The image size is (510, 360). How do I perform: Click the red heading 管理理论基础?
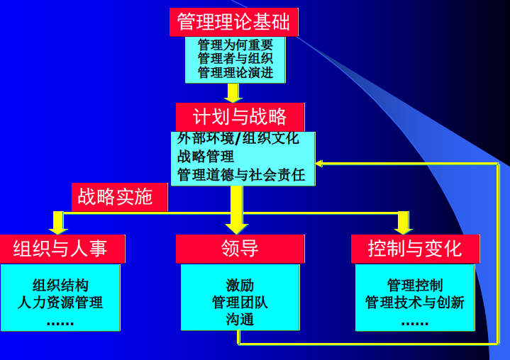click(x=233, y=22)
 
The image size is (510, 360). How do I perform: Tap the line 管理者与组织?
click(x=235, y=58)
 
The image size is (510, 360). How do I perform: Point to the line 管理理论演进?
click(x=235, y=72)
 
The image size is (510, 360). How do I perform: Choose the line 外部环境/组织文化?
click(x=238, y=139)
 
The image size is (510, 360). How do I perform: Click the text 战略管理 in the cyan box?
click(x=206, y=157)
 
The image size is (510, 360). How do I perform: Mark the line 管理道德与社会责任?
click(x=241, y=174)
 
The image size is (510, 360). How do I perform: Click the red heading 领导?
click(x=240, y=249)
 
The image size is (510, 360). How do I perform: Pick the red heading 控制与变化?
click(x=415, y=249)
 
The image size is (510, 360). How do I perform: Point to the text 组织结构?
click(x=60, y=286)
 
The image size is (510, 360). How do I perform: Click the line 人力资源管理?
click(x=60, y=303)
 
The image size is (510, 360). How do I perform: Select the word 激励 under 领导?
click(x=240, y=286)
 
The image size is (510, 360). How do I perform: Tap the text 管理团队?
click(x=240, y=303)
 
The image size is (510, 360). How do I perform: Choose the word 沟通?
click(x=240, y=320)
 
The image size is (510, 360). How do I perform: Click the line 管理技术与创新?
click(x=415, y=303)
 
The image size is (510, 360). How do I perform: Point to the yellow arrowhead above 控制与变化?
click(x=404, y=226)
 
